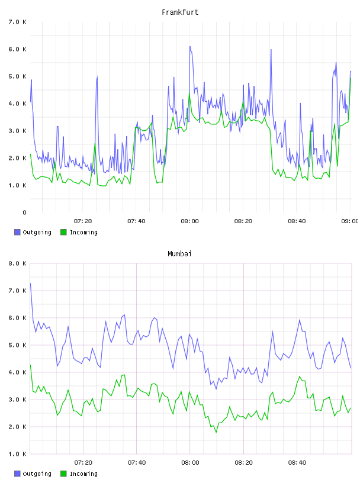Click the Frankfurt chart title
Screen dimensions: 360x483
180,12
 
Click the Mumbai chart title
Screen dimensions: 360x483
179,254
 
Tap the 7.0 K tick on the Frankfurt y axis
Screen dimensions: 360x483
17,22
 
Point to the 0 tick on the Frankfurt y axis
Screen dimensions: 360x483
24,212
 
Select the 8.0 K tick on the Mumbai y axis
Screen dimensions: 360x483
17,263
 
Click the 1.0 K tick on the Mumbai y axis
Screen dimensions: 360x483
17,454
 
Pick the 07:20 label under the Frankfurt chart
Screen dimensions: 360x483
83,221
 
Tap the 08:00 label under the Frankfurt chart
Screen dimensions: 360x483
190,221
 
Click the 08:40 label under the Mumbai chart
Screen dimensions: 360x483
297,463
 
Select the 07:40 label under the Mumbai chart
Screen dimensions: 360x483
137,463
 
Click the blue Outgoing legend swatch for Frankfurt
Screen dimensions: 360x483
17,232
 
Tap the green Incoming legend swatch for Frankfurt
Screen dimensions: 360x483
63,232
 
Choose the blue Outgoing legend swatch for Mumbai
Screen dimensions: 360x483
17,474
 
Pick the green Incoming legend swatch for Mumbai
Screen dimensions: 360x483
63,474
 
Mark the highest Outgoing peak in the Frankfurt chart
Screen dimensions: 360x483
190,47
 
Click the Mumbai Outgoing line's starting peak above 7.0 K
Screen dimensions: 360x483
30,283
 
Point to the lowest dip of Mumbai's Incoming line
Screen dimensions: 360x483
216,433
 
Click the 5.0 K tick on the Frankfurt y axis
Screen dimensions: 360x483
17,76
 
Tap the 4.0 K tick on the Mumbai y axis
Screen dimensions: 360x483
17,372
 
